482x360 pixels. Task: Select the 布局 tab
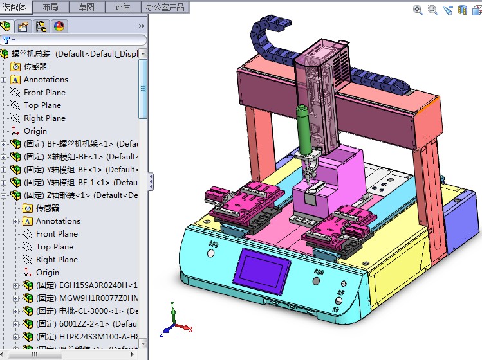(50, 7)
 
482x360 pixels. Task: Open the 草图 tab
(86, 7)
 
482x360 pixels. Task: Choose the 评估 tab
(122, 7)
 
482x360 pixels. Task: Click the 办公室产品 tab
(165, 7)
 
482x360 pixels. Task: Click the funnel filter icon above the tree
(6, 40)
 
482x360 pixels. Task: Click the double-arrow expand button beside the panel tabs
(141, 26)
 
